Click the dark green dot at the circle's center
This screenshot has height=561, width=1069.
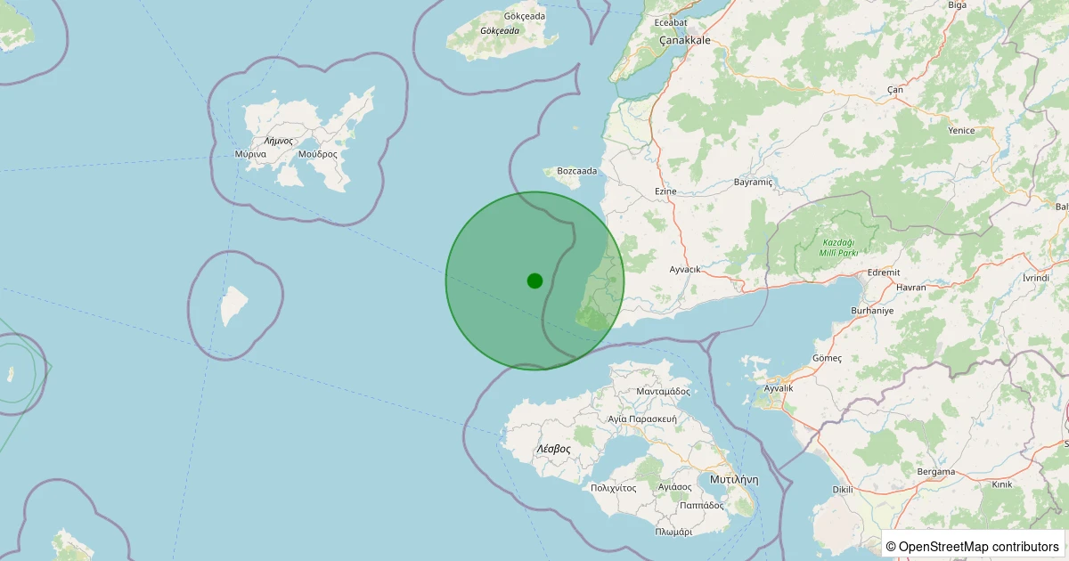point(534,280)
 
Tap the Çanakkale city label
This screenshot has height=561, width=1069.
point(684,41)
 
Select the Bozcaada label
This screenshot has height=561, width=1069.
point(576,171)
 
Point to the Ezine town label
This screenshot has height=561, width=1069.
point(665,191)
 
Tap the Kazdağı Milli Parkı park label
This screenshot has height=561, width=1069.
point(839,248)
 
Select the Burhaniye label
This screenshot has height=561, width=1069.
point(871,310)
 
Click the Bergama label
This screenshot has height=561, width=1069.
point(935,471)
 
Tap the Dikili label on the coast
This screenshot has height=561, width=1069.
point(842,489)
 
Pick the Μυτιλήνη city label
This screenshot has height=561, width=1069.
point(734,479)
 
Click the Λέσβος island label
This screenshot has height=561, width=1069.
point(553,449)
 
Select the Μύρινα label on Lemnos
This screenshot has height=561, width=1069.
point(250,154)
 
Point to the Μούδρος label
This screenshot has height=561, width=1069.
point(318,154)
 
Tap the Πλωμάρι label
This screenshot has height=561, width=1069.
point(673,532)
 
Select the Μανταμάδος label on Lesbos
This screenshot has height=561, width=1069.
point(664,391)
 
